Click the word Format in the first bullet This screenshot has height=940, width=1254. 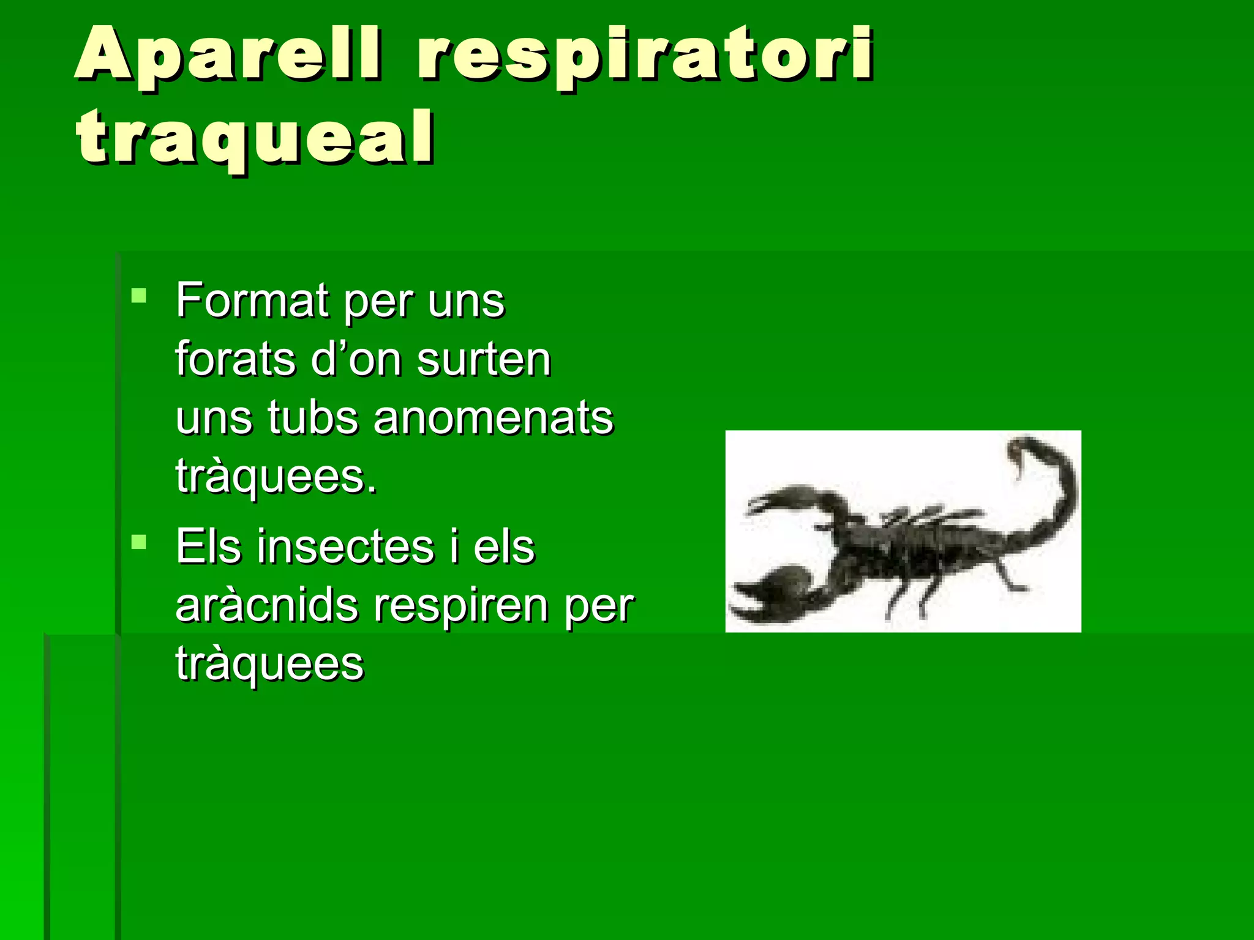pyautogui.click(x=252, y=301)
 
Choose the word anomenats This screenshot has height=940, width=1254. pyautogui.click(x=494, y=418)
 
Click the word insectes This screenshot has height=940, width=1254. pyautogui.click(x=345, y=546)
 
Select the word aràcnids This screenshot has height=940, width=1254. pyautogui.click(x=267, y=605)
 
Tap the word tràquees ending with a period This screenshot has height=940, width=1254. pyautogui.click(x=276, y=477)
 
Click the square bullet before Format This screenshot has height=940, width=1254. pyautogui.click(x=139, y=297)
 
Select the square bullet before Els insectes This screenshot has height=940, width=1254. pyautogui.click(x=139, y=542)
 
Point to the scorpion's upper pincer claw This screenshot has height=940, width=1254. pyautogui.click(x=790, y=499)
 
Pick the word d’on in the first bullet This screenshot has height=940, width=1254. pyautogui.click(x=355, y=359)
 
